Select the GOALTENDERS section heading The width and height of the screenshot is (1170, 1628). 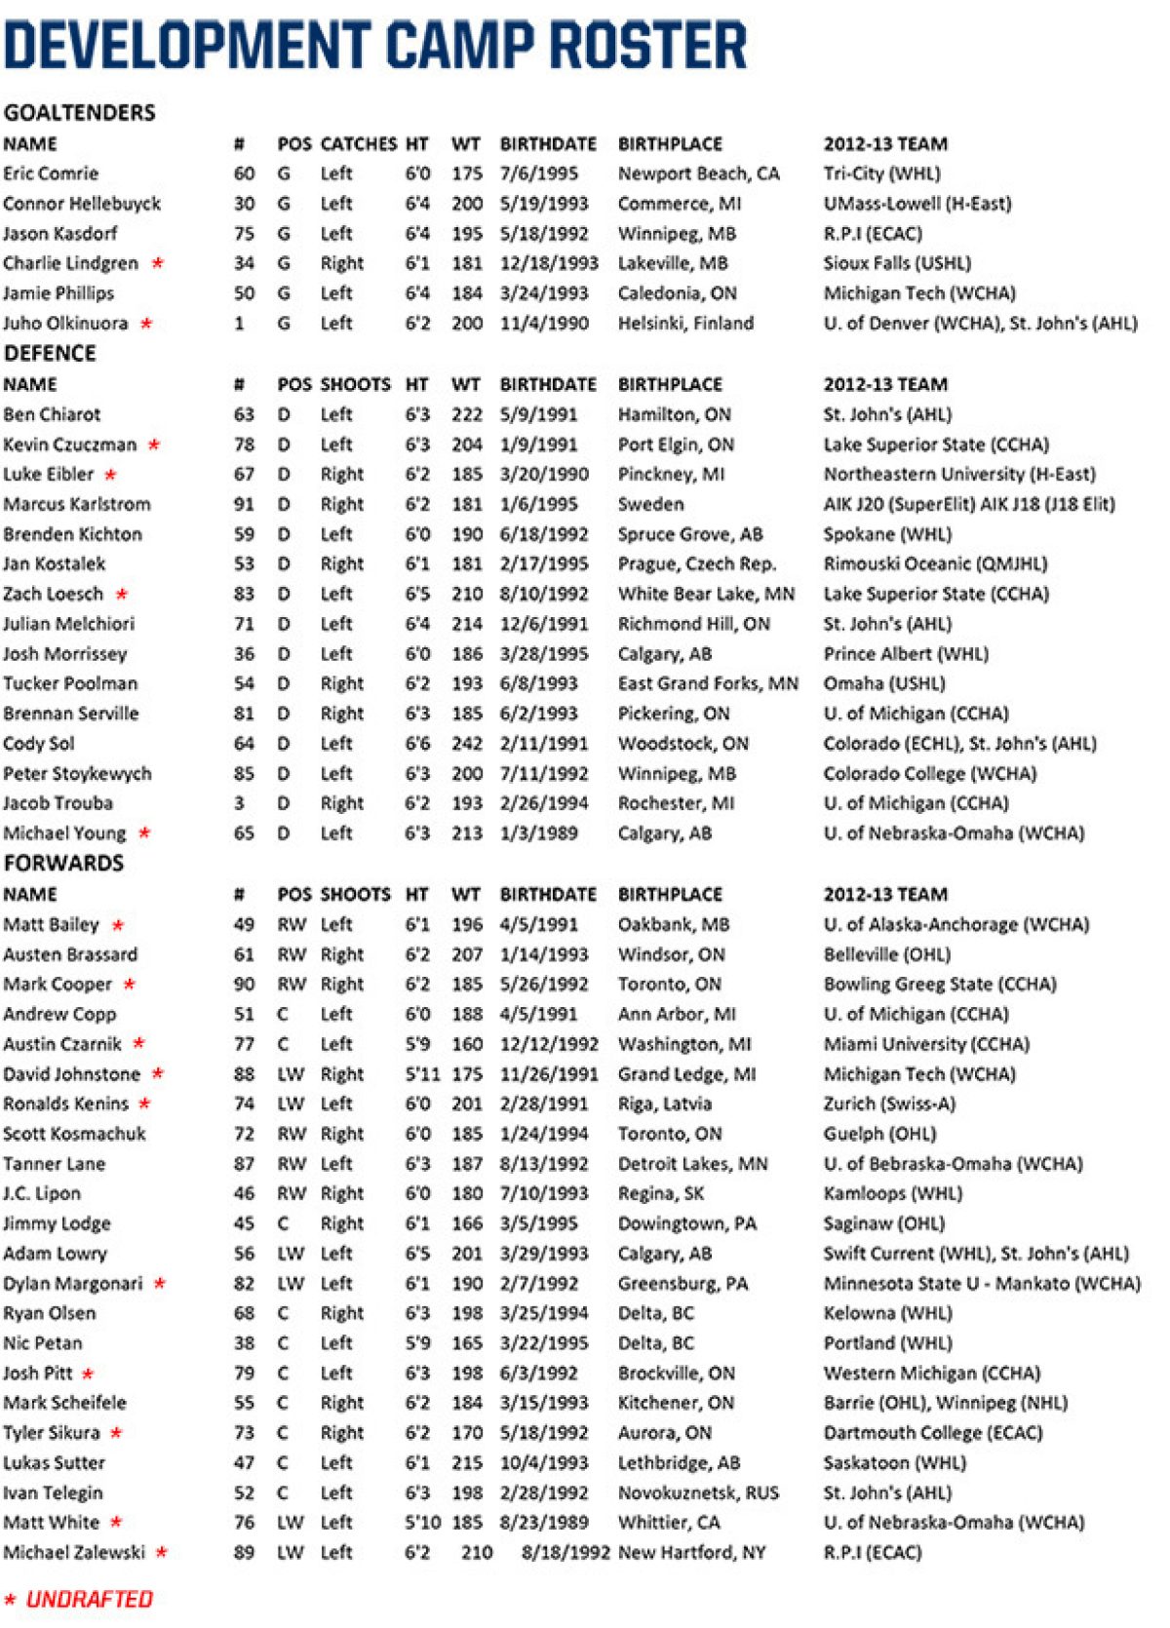(x=79, y=112)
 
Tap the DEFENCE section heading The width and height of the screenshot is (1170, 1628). (x=50, y=353)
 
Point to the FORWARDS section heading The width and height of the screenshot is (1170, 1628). (x=63, y=863)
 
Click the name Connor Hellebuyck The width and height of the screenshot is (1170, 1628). (x=82, y=204)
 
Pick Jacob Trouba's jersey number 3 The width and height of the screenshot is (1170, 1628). (x=239, y=803)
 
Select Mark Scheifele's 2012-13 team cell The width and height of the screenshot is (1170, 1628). (x=945, y=1403)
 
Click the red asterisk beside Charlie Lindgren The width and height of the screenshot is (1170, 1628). (x=157, y=263)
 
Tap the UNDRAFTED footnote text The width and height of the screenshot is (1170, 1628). (x=89, y=1600)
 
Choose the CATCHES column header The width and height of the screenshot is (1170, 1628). (x=358, y=144)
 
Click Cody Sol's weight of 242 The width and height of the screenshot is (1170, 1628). (x=467, y=744)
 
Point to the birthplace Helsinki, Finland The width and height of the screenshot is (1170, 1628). (x=685, y=324)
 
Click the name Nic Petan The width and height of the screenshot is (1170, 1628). (x=43, y=1343)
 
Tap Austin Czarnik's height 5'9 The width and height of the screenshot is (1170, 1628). (x=417, y=1044)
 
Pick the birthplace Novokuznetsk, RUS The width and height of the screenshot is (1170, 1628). (x=698, y=1492)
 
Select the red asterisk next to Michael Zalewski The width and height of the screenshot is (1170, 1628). (x=161, y=1552)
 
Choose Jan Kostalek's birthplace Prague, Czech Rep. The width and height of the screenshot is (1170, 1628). (x=696, y=563)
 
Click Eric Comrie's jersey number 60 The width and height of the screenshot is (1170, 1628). (x=244, y=174)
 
